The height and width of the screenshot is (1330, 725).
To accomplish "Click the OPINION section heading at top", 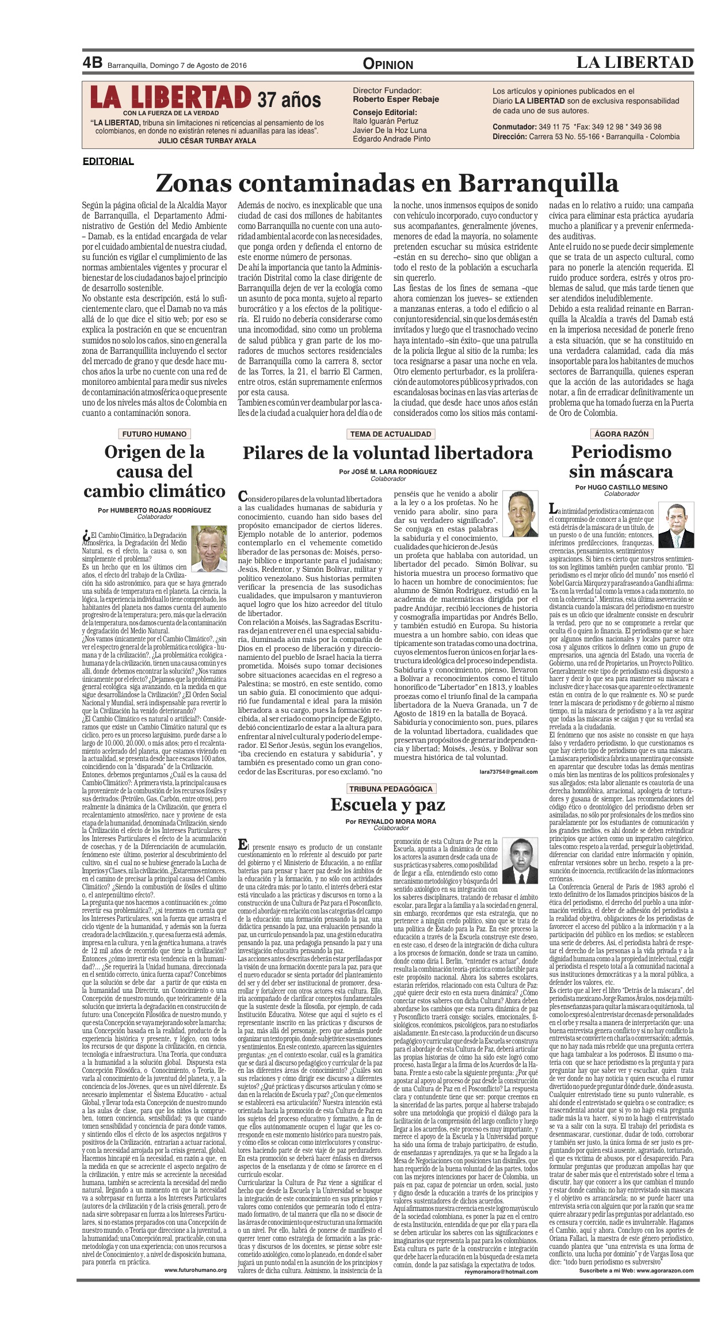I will tap(388, 64).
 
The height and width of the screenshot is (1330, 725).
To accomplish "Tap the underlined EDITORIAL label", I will tap(108, 161).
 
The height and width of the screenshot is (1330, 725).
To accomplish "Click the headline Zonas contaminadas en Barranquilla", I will tap(387, 184).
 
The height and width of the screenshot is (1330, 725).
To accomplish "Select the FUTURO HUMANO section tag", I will tap(154, 434).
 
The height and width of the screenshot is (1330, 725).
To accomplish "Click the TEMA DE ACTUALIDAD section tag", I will tap(391, 434).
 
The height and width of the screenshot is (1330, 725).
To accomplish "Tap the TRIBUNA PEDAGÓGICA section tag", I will tap(391, 789).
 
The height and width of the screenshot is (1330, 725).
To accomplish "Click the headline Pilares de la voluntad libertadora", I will tap(387, 453).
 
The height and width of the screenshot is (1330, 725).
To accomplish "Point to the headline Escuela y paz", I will tap(387, 804).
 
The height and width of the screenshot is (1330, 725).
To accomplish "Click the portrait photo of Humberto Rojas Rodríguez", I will tap(209, 549).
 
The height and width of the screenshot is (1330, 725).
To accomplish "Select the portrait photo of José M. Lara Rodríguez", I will tap(520, 513).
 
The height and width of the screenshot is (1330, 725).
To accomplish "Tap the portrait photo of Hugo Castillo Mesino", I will tap(676, 525).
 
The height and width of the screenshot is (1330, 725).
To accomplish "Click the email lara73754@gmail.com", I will tap(508, 772).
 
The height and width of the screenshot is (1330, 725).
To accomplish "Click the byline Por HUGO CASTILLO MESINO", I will tap(621, 487).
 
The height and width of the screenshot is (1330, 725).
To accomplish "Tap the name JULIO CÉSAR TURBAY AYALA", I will tap(207, 140).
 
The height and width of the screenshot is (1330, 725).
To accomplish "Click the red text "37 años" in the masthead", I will tap(289, 100).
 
